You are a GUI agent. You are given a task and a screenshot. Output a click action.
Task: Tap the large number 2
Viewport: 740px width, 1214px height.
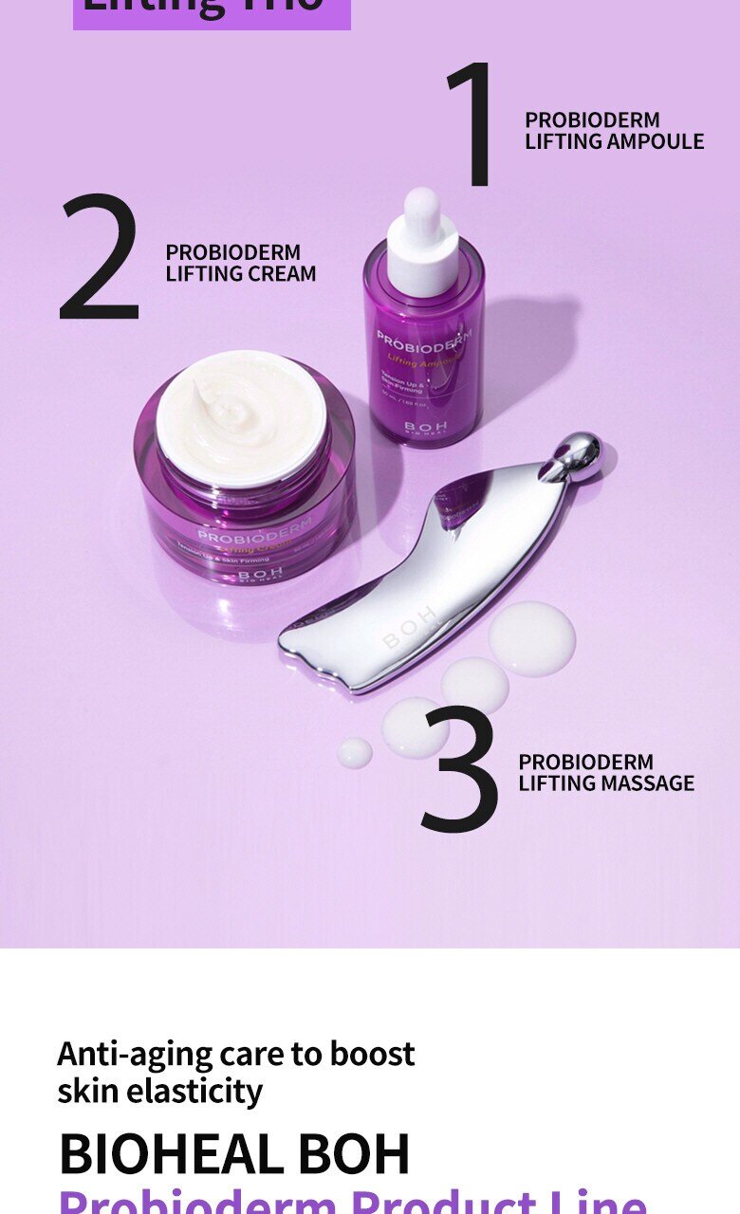[x=99, y=256]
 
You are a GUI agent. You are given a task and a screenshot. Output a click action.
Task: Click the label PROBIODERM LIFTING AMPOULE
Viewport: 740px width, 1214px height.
[x=614, y=131]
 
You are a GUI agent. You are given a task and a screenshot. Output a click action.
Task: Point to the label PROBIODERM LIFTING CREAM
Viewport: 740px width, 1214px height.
[x=240, y=263]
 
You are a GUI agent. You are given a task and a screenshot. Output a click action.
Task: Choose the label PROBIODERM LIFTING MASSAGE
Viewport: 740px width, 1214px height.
[x=606, y=772]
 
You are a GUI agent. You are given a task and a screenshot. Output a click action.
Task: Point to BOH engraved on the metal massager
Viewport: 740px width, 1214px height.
[x=411, y=628]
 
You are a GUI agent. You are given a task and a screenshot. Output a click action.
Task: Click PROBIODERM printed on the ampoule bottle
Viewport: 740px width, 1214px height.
[x=424, y=340]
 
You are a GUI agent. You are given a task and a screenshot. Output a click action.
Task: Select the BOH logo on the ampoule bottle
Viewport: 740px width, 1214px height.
[x=424, y=427]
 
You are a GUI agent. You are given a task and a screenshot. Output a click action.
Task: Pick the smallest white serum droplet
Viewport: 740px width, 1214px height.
[x=354, y=753]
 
